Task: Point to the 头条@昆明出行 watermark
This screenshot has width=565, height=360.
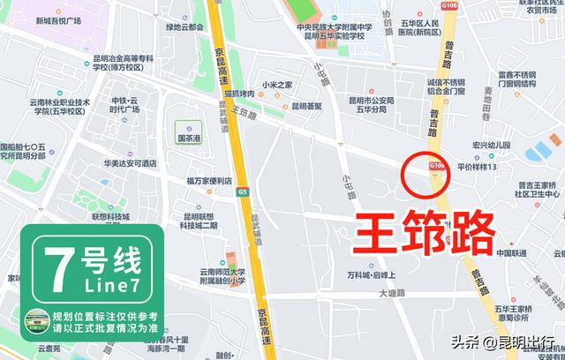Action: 504,342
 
